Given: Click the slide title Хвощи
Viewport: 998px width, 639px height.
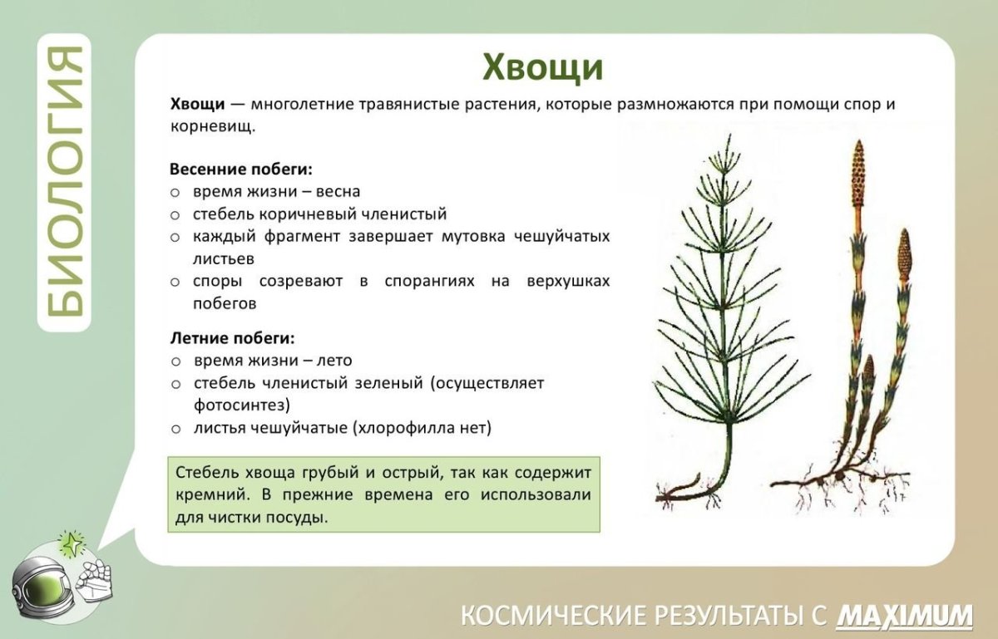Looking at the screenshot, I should point(543,67).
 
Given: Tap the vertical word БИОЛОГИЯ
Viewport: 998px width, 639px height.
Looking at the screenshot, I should point(63,182).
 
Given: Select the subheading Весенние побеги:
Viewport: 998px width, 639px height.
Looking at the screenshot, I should point(241,169).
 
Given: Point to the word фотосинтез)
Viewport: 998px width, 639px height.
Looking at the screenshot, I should point(242,406).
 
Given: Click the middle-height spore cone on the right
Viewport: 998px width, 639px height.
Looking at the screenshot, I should point(904,257).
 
